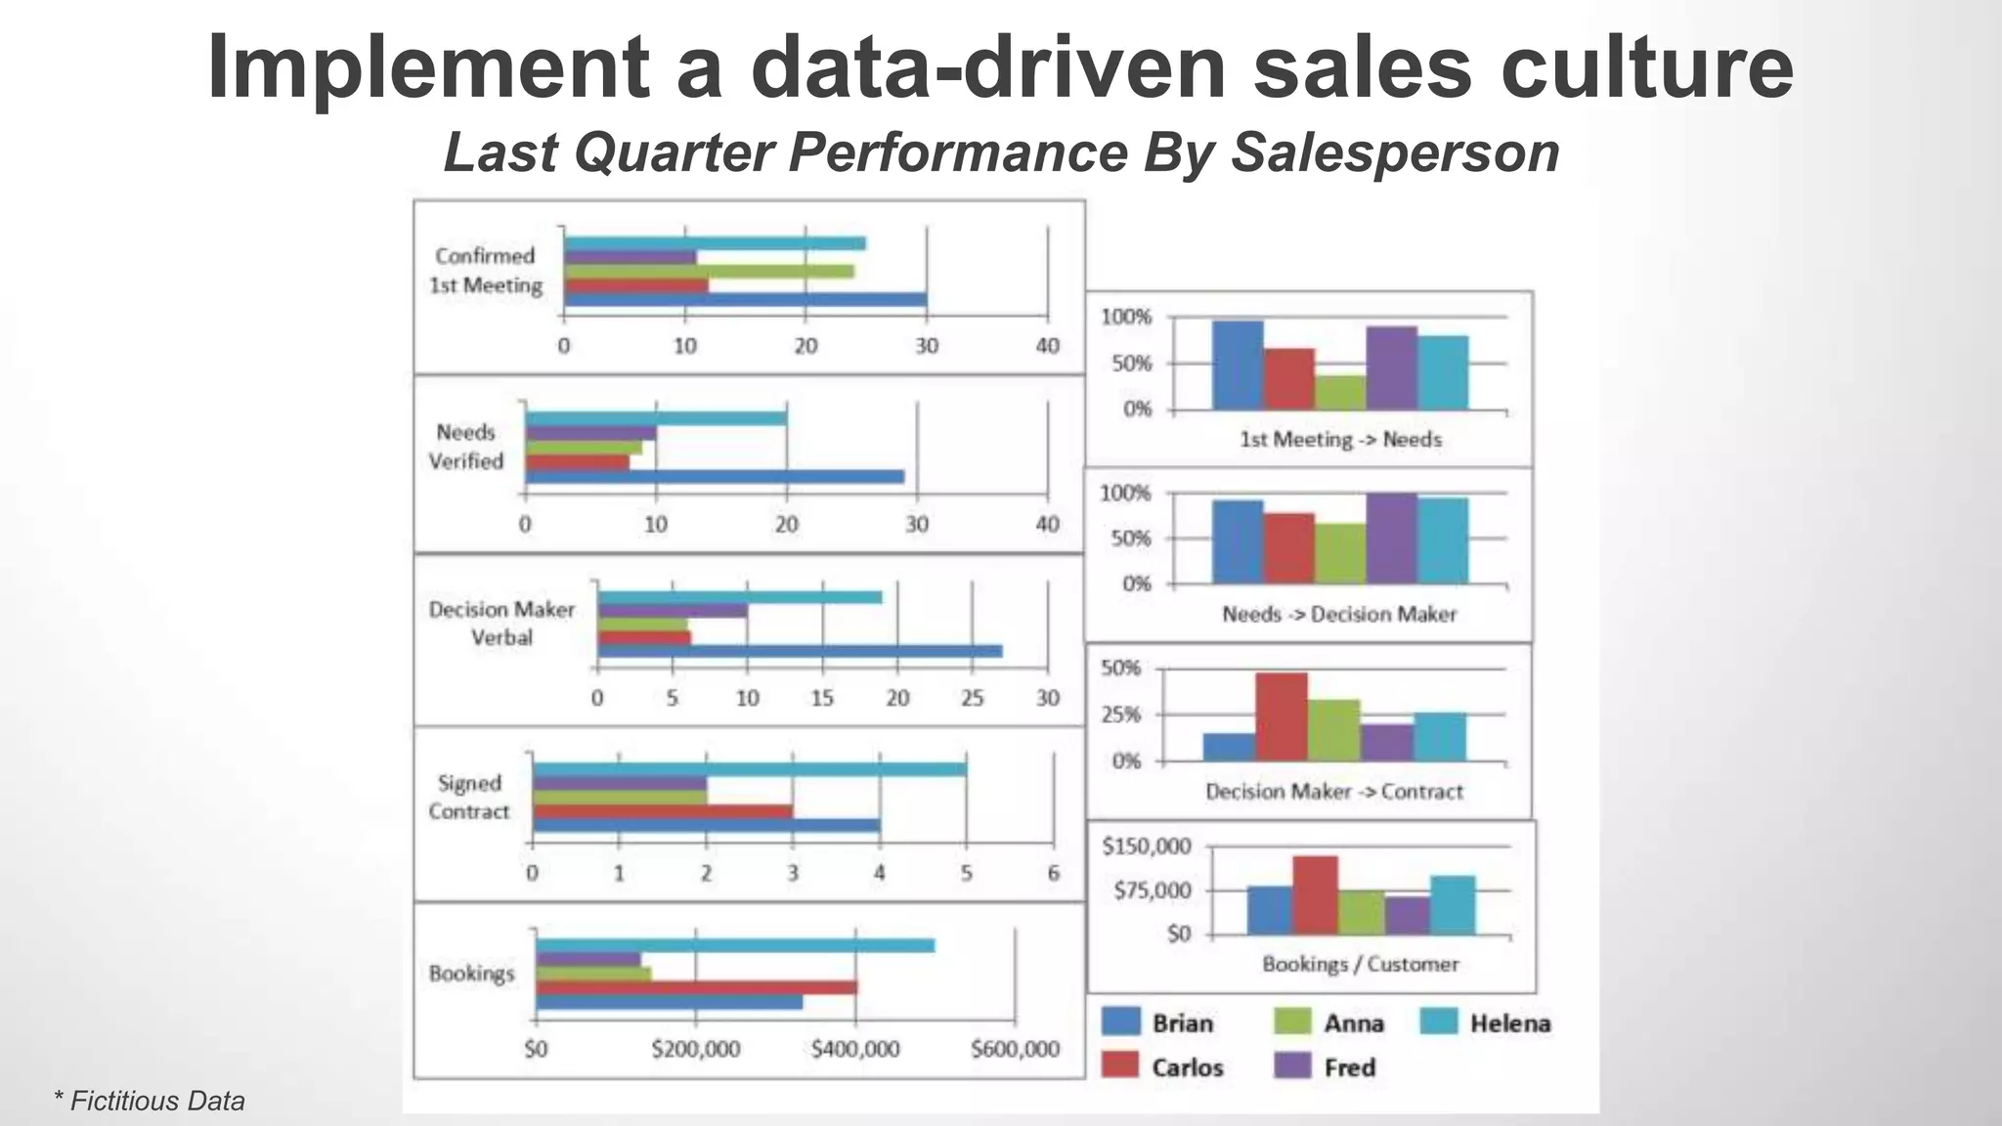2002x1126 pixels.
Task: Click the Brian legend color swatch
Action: click(x=1121, y=1021)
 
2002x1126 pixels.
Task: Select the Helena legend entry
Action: click(x=1509, y=1023)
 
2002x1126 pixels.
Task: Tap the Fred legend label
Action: click(x=1349, y=1067)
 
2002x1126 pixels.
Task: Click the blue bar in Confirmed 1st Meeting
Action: click(x=745, y=300)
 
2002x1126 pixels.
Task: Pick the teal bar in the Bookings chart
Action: click(x=735, y=945)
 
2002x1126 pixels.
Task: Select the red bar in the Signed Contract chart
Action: click(x=663, y=811)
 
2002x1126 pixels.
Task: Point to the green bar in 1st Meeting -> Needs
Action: click(x=1340, y=392)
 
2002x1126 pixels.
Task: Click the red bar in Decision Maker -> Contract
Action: click(x=1282, y=716)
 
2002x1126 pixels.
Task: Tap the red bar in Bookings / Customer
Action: click(x=1316, y=895)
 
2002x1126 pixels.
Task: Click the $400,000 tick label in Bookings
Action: click(x=855, y=1050)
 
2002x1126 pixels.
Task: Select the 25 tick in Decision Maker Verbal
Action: click(x=972, y=699)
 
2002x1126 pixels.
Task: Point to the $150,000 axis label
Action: click(x=1146, y=846)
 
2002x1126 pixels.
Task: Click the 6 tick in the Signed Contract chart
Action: click(x=1053, y=874)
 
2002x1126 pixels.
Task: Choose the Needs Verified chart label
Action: click(x=466, y=447)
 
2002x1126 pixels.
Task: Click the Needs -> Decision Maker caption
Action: click(x=1338, y=615)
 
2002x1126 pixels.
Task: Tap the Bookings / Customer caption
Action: click(x=1360, y=965)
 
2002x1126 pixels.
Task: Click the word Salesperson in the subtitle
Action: click(x=1394, y=153)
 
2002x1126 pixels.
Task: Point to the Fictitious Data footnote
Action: click(x=150, y=1102)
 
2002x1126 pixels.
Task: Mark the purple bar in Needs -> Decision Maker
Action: click(x=1392, y=539)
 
